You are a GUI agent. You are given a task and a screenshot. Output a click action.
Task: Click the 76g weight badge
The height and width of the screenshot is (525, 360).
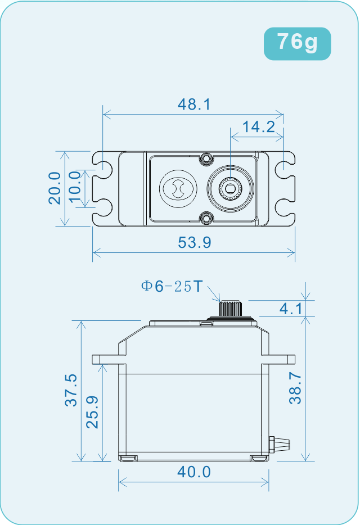[x=297, y=42]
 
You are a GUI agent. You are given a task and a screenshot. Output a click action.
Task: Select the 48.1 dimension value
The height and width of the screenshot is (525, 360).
[x=193, y=105]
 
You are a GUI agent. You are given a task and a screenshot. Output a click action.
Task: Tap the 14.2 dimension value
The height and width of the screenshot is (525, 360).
[x=259, y=127]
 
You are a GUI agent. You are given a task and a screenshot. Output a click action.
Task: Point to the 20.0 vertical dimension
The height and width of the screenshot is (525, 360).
[x=55, y=188]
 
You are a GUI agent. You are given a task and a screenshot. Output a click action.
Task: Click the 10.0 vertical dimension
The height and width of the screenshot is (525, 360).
[x=75, y=188]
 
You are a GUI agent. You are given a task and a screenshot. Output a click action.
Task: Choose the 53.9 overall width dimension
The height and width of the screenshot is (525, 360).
[x=194, y=243]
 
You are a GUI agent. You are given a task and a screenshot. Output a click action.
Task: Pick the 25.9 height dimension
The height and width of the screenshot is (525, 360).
[x=92, y=412]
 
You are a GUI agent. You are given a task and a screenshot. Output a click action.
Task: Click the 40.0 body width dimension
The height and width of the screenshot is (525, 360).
[x=194, y=472]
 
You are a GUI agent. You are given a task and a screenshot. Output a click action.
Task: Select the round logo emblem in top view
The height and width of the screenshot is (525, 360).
[x=177, y=188]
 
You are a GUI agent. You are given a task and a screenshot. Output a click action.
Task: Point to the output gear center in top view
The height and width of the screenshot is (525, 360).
[x=229, y=188]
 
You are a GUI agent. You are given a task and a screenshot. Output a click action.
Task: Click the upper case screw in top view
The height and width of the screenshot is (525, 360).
[x=207, y=158]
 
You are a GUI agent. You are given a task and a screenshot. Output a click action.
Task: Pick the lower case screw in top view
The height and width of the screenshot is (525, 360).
[x=207, y=217]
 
